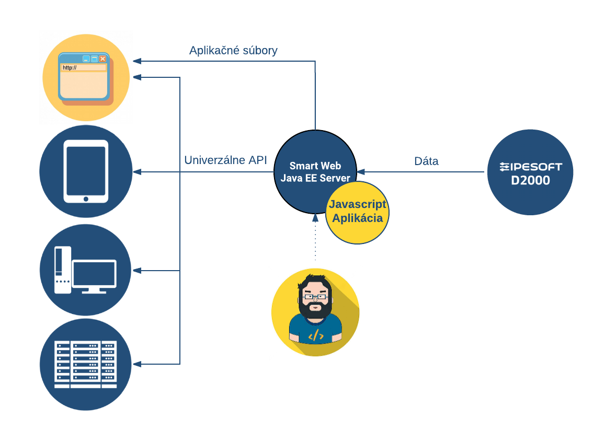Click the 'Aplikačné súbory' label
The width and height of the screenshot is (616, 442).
[233, 51]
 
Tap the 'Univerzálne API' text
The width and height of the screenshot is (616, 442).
[225, 160]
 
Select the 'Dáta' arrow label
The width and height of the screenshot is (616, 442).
[426, 161]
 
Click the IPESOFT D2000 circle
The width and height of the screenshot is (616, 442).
[530, 172]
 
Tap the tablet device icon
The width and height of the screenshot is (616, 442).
[86, 171]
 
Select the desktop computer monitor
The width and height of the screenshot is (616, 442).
[94, 274]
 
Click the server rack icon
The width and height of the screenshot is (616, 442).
[85, 364]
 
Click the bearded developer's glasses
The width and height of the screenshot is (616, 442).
[315, 297]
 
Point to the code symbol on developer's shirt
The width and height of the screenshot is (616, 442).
[315, 336]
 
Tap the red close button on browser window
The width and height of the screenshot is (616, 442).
[102, 59]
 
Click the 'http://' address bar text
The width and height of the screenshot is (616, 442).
[70, 67]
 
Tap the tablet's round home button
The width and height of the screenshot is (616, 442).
[86, 199]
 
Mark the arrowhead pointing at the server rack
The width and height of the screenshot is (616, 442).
[138, 364]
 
